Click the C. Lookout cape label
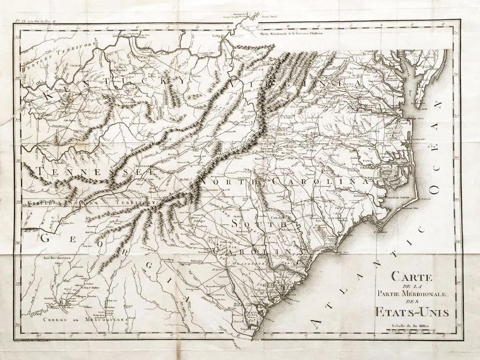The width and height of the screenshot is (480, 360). pyautogui.click(x=382, y=233)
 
